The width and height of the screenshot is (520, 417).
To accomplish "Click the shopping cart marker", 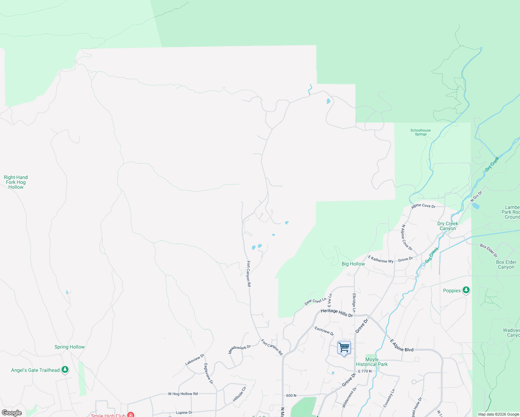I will point(344,347).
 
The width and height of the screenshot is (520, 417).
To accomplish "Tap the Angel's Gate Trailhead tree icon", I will point(65,369).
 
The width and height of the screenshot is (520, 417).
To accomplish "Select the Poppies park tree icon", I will point(466,290).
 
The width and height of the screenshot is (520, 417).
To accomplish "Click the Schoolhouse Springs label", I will point(421,132).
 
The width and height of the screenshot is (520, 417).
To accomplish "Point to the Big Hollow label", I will point(353,264).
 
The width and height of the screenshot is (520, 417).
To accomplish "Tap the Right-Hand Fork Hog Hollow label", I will point(16,182).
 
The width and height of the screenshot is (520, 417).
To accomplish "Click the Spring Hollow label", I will point(70,347).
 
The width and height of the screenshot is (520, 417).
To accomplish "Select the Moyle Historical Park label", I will point(372,362).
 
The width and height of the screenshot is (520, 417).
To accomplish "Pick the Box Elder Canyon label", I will point(506,264).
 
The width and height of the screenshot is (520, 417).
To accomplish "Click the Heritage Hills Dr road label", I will point(336,313).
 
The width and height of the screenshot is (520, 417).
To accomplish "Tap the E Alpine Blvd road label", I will point(402,345).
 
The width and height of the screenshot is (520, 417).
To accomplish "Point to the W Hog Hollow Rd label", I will point(183,394).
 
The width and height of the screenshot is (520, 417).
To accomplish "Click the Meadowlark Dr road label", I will point(239,349).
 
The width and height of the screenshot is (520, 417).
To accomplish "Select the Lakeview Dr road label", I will point(195,360).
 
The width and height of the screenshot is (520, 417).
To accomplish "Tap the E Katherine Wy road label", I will point(381,259).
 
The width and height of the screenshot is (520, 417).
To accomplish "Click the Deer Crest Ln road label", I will point(315,301).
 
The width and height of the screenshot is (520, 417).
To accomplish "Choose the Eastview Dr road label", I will point(324,331).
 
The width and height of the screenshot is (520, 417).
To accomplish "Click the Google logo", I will point(12,413).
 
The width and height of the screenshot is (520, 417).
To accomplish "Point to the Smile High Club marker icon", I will point(131,415).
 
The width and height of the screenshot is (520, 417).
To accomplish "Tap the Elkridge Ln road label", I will point(354,303).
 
